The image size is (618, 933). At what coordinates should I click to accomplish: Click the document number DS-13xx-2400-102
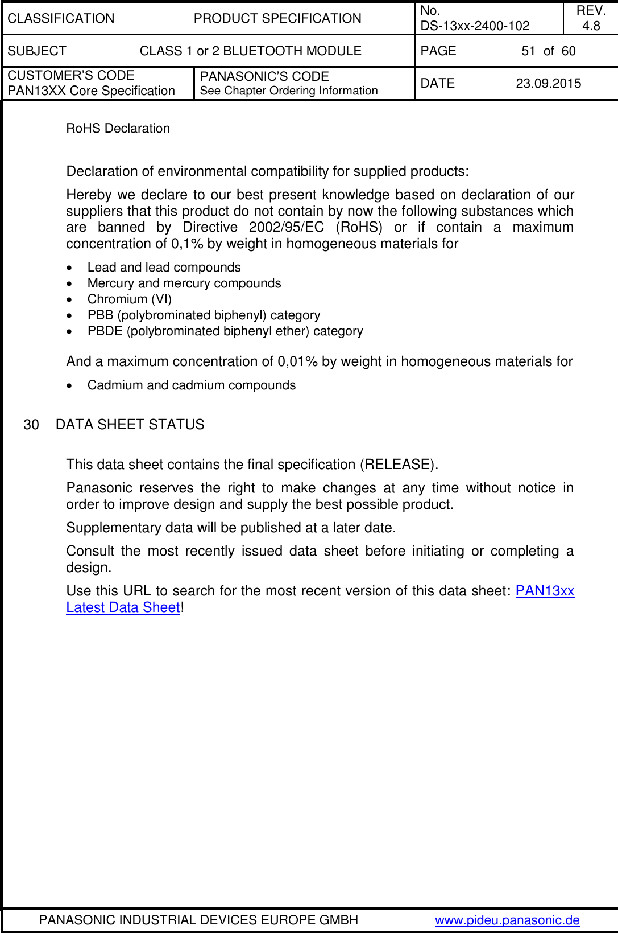pos(475,26)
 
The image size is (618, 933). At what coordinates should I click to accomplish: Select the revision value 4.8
pos(591,26)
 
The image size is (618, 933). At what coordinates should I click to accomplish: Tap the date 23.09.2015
pos(548,83)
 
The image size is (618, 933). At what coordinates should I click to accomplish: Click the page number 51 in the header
pos(528,51)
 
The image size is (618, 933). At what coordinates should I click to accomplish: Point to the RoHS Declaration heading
pos(118,128)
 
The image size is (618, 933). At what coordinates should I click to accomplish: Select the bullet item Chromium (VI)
pos(129,299)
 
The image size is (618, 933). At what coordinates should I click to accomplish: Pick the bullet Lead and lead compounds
pos(164,267)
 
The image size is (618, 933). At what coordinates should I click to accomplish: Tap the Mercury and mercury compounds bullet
pos(184,283)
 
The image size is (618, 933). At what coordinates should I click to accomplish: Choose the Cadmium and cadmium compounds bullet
pos(191,385)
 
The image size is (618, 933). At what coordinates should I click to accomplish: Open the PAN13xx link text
pos(545,590)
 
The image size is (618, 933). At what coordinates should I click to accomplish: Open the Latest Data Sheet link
pos(123,607)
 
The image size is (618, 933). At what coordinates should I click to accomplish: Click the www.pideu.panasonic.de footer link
pos(507,920)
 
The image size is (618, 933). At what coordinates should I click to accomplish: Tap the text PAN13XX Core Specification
pos(91,91)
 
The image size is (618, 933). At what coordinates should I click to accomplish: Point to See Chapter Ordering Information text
pos(288,91)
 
